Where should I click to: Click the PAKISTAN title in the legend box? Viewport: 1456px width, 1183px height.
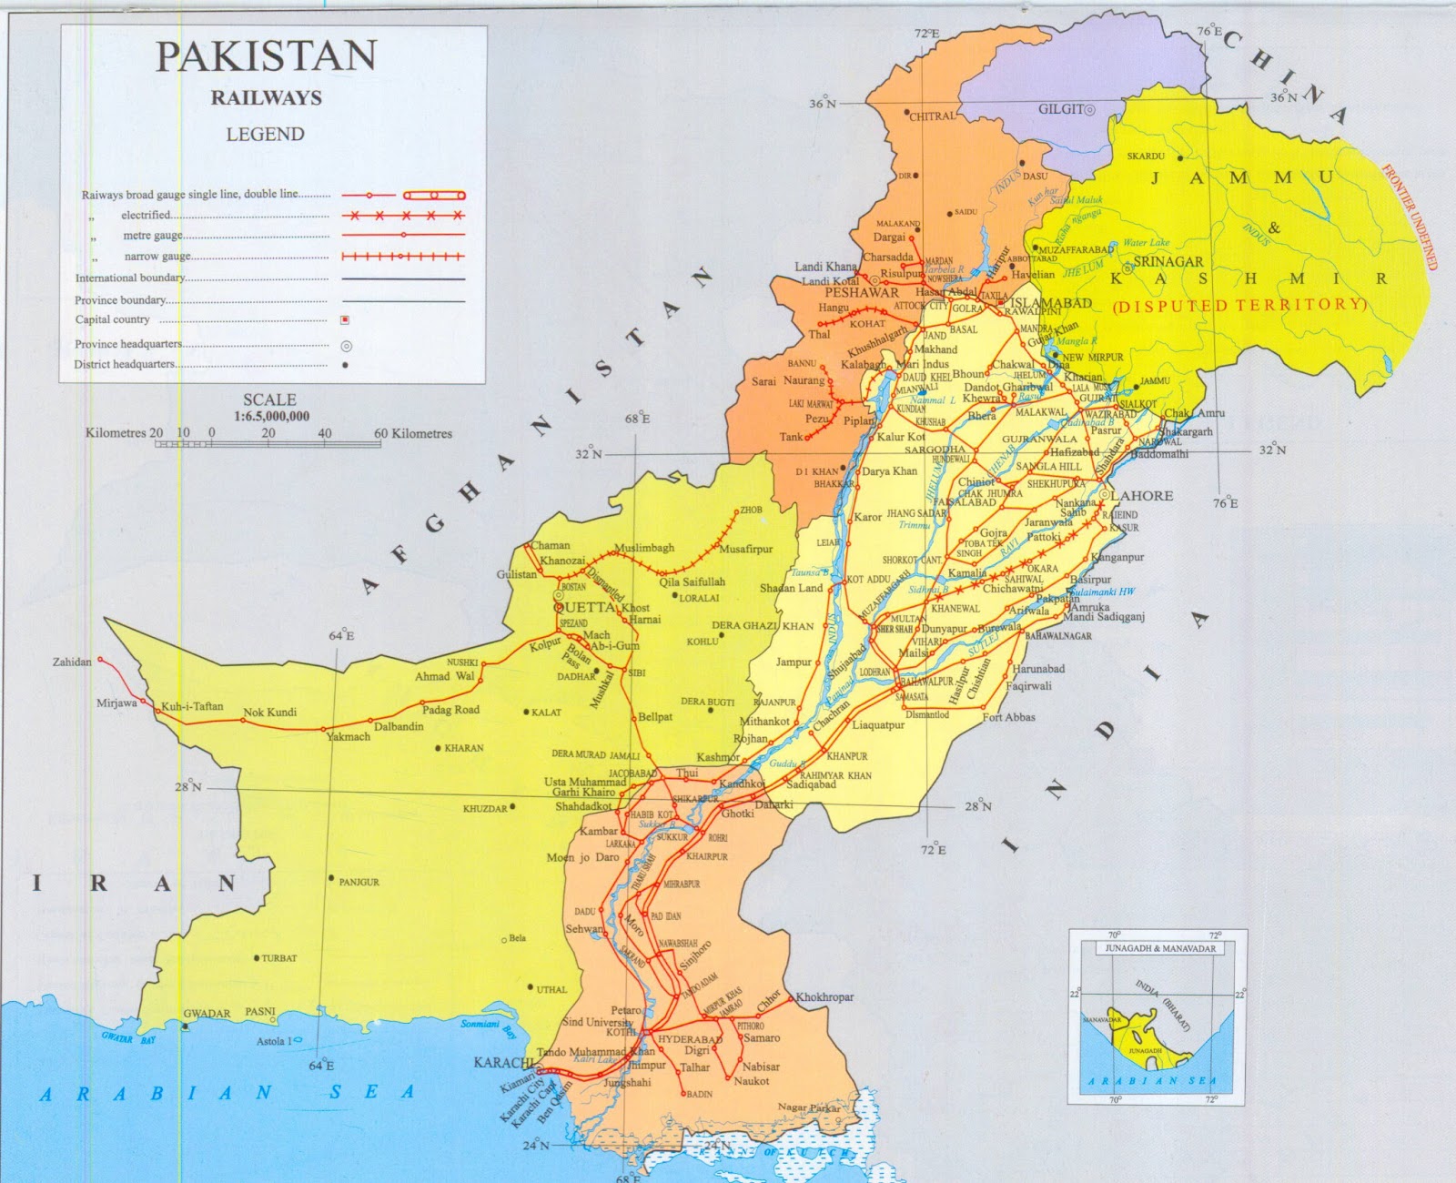(266, 56)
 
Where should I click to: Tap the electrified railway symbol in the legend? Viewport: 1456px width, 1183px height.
(404, 216)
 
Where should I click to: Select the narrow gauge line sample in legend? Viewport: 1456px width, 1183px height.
(404, 257)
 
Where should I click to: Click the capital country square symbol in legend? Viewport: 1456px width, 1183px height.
(345, 319)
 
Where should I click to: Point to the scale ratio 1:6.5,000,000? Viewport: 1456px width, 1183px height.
(271, 416)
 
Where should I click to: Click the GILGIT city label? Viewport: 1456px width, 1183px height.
(1061, 109)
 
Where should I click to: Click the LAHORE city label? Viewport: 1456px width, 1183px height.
(1142, 496)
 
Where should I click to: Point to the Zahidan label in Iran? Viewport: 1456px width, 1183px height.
(72, 662)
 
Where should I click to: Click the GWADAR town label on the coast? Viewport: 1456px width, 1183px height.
(207, 1013)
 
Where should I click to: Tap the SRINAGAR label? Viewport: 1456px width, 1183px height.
(1168, 261)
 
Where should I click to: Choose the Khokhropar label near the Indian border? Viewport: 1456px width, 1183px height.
(824, 996)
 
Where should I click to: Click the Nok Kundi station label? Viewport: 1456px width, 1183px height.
(269, 712)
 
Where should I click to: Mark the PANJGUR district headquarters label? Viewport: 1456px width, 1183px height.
(359, 882)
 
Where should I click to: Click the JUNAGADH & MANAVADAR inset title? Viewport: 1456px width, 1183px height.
(1159, 948)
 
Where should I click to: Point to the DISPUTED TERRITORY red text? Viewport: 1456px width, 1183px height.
(1240, 306)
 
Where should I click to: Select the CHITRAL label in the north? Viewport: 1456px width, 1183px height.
(934, 116)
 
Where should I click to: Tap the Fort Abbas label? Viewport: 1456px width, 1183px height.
(1008, 717)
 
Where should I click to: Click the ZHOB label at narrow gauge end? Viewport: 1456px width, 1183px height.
(751, 511)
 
